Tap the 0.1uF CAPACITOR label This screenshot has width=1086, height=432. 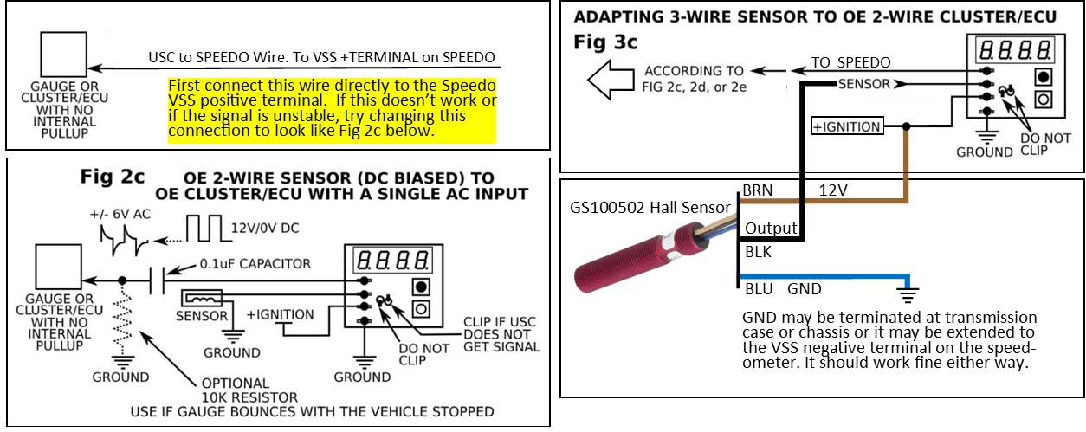pos(255,263)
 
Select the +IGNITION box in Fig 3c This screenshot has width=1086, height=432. pos(846,126)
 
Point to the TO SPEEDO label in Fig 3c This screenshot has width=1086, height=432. pos(850,62)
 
